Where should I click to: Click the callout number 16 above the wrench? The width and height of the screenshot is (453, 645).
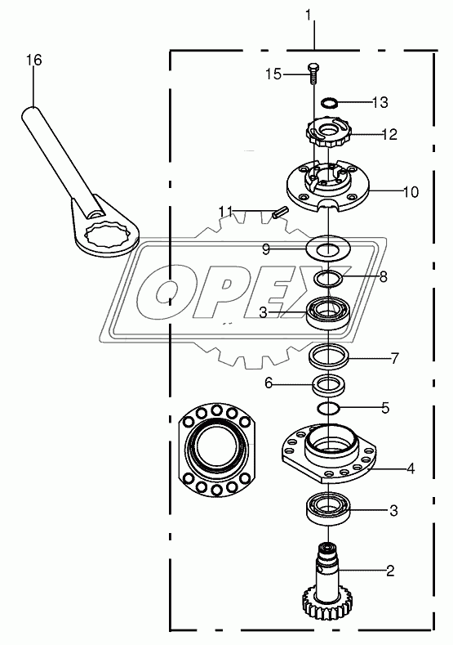34,60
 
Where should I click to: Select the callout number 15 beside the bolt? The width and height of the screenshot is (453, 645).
273,74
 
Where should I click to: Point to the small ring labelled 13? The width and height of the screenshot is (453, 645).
329,101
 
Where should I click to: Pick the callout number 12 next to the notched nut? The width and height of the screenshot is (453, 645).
389,135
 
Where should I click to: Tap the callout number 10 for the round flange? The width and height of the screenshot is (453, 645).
411,191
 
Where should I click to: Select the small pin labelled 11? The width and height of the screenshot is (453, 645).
281,214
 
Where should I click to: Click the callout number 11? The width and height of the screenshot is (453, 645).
225,213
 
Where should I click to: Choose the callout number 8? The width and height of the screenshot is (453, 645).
383,276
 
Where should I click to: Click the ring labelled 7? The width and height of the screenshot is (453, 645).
329,356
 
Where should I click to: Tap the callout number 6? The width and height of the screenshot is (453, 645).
269,383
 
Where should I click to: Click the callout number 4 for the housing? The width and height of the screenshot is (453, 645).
411,468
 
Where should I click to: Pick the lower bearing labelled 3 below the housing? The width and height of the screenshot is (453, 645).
329,508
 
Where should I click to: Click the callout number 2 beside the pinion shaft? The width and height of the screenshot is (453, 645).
390,571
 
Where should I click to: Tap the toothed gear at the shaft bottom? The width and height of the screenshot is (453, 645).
322,607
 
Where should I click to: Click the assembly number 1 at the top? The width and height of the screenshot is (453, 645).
309,16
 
